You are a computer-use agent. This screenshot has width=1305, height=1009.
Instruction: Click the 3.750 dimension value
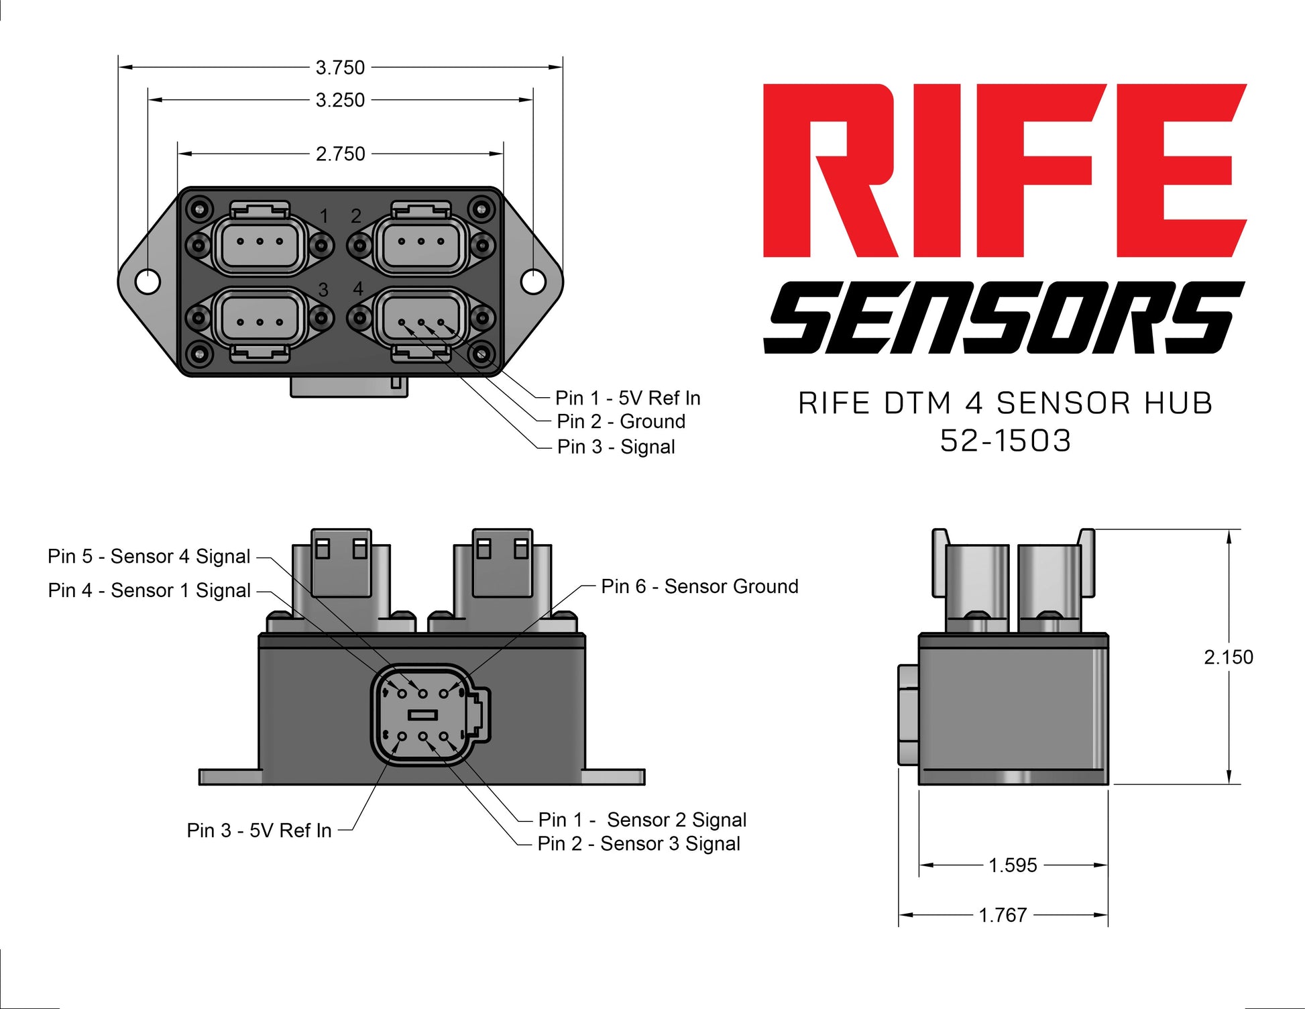tap(340, 68)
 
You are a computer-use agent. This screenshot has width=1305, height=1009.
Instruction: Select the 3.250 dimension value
tap(340, 100)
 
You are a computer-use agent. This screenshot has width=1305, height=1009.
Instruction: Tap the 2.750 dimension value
tap(340, 154)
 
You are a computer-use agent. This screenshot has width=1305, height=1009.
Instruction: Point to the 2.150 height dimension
tap(1228, 657)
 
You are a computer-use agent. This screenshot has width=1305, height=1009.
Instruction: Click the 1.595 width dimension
tap(1013, 865)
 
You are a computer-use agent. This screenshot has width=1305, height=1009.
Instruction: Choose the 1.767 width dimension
tap(1003, 915)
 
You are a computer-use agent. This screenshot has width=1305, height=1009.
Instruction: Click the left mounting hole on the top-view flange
tap(148, 282)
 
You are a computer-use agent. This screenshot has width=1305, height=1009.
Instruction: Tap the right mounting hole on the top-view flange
tap(533, 282)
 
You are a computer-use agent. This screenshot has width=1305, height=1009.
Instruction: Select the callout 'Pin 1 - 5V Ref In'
tap(628, 399)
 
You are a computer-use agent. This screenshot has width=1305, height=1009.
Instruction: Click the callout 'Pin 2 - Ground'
tap(621, 422)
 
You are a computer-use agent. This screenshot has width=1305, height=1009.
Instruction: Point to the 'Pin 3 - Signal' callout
tap(616, 447)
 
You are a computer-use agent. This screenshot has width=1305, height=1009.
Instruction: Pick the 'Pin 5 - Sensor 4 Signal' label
tap(149, 556)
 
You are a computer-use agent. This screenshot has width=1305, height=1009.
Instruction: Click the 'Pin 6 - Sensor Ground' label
tap(699, 586)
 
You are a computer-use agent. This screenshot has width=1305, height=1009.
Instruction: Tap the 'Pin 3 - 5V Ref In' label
tap(259, 831)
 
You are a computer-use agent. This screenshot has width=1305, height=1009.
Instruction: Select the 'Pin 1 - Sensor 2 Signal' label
tap(642, 820)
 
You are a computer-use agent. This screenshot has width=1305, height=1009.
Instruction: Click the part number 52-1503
tap(1005, 441)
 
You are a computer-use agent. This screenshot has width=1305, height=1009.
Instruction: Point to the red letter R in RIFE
tap(830, 170)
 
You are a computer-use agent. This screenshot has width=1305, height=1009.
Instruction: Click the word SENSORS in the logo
tap(1003, 317)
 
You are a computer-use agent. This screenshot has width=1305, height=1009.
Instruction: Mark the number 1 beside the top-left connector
tap(325, 216)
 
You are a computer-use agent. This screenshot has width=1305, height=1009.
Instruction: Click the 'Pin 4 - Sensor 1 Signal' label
tap(149, 590)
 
